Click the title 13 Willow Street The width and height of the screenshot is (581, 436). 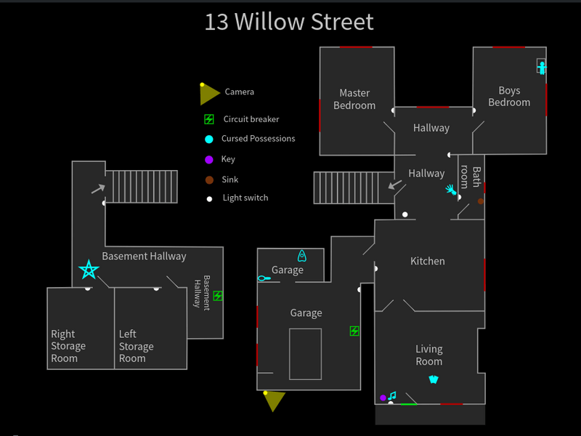click(x=289, y=22)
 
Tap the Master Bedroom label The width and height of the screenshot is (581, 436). click(x=354, y=99)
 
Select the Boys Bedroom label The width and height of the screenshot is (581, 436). click(x=509, y=97)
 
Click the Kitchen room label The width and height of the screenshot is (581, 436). click(x=428, y=261)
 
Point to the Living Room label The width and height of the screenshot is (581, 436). click(x=428, y=355)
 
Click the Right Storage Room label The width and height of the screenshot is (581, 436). click(x=68, y=346)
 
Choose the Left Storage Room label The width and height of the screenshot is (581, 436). click(x=136, y=346)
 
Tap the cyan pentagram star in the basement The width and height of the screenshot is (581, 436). click(x=89, y=270)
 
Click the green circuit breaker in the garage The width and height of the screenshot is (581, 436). click(x=354, y=331)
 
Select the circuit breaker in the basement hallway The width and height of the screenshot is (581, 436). click(x=218, y=296)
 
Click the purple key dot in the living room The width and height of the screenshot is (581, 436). click(x=383, y=397)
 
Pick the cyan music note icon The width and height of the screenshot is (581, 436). click(x=392, y=396)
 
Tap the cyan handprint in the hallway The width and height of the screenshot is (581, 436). click(x=452, y=190)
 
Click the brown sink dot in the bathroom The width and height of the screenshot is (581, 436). click(x=481, y=201)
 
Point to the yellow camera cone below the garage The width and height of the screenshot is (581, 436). click(x=273, y=401)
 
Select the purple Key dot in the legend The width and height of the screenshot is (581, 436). click(x=209, y=159)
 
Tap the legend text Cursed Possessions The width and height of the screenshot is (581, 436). click(x=259, y=139)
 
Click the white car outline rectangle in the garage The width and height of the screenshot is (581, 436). click(x=305, y=354)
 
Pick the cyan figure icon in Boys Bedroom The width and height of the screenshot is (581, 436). click(x=542, y=68)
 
